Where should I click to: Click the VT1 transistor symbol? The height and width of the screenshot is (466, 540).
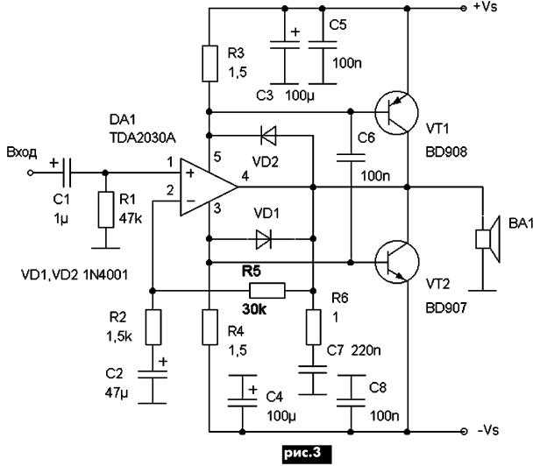tap(396, 112)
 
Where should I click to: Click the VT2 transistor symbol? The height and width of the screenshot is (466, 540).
tap(397, 262)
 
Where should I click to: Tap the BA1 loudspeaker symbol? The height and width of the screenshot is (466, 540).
tap(487, 239)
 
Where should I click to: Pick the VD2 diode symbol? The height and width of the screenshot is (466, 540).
tap(268, 135)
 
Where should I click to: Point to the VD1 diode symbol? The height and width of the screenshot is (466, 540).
tap(264, 239)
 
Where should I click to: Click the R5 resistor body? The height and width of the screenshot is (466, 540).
tap(267, 291)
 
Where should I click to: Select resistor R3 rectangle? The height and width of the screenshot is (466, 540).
tap(210, 64)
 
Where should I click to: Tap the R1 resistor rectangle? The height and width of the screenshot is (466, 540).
tap(106, 210)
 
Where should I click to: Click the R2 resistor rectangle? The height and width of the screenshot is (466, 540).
tap(153, 328)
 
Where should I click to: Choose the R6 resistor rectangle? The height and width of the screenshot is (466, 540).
tap(313, 328)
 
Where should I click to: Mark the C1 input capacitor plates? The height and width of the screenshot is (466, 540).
tap(67, 173)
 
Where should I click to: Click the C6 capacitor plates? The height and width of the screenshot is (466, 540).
tap(351, 158)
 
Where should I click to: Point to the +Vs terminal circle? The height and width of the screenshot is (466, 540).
tap(464, 8)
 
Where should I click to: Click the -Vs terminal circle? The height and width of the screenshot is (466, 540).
tap(464, 431)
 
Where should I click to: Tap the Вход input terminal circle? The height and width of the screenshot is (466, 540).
tap(31, 173)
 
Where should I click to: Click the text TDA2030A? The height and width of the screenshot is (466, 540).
tap(142, 138)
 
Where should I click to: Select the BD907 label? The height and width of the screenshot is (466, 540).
tap(446, 308)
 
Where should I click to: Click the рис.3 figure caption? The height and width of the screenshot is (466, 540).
tap(303, 453)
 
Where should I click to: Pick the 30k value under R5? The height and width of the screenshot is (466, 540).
tap(254, 310)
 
